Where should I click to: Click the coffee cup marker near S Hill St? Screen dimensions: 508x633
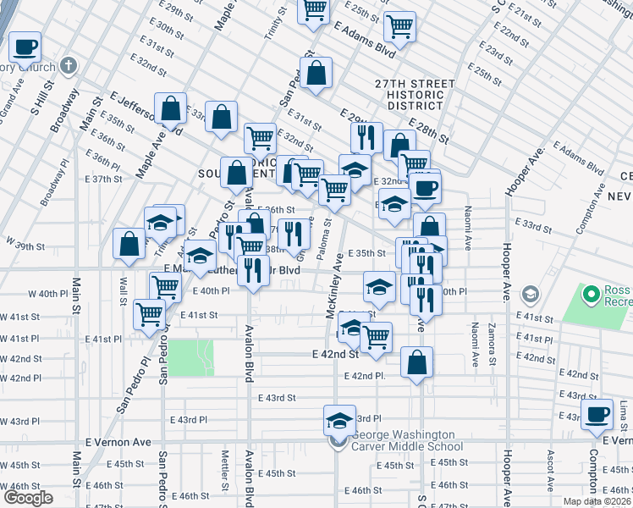(x=25, y=47)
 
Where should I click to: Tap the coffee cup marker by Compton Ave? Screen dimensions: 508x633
(x=597, y=415)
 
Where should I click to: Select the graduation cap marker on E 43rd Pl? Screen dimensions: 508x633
(x=339, y=421)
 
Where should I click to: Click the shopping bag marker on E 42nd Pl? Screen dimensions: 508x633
(x=416, y=363)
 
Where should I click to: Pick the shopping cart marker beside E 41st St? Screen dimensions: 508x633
(x=150, y=314)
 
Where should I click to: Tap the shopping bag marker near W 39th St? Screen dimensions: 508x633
(x=129, y=244)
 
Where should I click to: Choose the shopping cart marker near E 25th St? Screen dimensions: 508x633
(x=398, y=25)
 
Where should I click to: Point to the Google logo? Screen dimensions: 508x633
(x=28, y=498)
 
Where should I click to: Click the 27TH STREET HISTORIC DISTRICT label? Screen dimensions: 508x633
(x=411, y=94)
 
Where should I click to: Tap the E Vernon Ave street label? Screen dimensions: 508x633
(x=118, y=442)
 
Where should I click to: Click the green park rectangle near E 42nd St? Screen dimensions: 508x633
(x=190, y=357)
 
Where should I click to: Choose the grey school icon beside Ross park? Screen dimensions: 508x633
(x=531, y=295)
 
